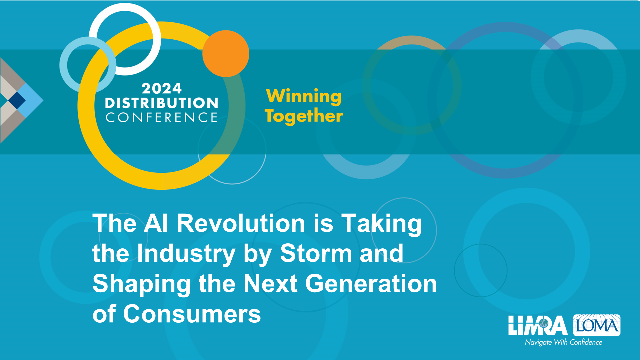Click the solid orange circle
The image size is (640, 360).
(x=226, y=54)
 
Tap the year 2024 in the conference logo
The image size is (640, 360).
(x=162, y=89)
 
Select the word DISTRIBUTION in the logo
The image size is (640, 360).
(x=162, y=103)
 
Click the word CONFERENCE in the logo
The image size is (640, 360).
(x=162, y=117)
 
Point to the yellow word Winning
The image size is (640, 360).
(x=304, y=97)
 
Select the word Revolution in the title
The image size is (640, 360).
(x=241, y=223)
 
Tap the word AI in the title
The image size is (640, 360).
(x=156, y=223)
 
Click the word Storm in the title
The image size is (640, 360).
(x=316, y=253)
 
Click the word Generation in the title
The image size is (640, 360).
(x=371, y=284)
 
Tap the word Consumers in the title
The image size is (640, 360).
(x=192, y=314)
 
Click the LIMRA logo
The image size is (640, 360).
(x=538, y=326)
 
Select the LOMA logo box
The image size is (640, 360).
(x=597, y=325)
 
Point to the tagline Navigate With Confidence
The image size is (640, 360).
(x=564, y=342)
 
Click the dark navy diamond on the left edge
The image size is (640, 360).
(x=17, y=100)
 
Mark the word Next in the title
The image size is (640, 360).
(x=270, y=284)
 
